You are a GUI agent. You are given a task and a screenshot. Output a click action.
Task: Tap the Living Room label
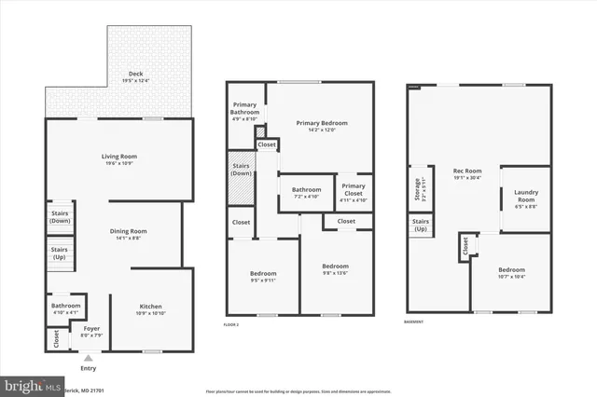(x=119, y=159)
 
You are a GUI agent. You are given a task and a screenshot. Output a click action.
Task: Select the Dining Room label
(x=130, y=234)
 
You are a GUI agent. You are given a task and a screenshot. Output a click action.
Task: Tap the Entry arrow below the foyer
(x=88, y=355)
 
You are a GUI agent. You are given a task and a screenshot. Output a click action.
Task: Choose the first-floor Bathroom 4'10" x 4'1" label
(x=65, y=308)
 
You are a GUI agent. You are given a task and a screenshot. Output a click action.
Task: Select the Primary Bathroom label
(x=245, y=111)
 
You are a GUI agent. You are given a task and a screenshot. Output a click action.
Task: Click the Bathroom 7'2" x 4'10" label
(x=307, y=193)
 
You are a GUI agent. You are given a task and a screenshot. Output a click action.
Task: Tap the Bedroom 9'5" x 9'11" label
(x=263, y=277)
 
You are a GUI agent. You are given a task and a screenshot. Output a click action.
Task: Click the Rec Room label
(x=467, y=174)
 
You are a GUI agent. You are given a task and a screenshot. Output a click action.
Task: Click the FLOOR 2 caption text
(x=231, y=324)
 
